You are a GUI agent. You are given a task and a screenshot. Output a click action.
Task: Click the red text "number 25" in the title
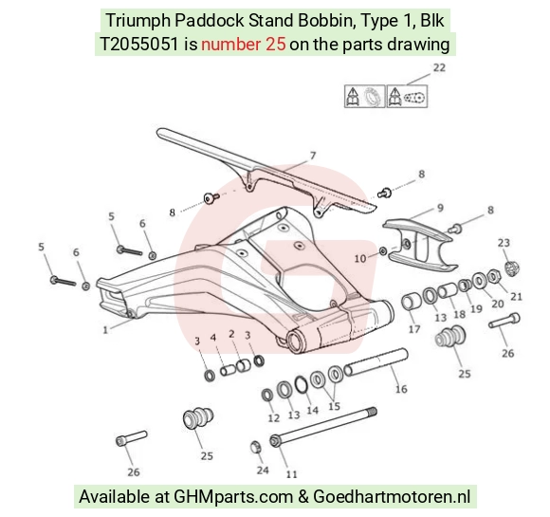tap(244, 45)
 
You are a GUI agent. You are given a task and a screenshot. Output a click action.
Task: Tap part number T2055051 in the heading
tap(139, 45)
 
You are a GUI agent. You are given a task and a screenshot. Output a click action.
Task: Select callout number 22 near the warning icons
tap(439, 67)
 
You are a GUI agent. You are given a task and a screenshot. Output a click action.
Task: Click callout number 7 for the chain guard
tap(313, 156)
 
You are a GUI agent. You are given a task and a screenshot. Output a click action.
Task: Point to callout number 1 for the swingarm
tap(105, 330)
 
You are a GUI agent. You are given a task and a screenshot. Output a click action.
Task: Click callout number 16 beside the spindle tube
tap(401, 389)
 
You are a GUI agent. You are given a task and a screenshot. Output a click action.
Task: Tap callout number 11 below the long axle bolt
tap(291, 474)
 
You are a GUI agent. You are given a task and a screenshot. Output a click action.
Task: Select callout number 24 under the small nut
tap(263, 470)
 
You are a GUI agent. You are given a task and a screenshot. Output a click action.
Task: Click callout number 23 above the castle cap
tap(504, 243)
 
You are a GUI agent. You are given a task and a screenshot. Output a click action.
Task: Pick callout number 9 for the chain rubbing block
tap(440, 208)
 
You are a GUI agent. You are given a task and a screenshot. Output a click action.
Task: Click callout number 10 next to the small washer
tap(360, 259)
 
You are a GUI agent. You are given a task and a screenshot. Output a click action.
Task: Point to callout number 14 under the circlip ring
tap(312, 410)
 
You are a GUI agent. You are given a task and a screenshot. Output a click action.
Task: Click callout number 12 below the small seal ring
tap(274, 417)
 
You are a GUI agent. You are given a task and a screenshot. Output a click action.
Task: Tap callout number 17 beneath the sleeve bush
tap(414, 329)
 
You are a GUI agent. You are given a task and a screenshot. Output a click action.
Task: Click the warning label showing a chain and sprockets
tap(407, 96)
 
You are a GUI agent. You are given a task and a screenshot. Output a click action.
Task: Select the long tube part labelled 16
tap(376, 361)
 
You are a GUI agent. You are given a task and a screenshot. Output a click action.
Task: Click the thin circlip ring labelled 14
tap(301, 385)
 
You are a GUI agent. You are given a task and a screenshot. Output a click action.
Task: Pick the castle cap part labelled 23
tap(512, 268)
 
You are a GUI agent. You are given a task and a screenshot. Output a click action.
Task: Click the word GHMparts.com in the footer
tap(233, 497)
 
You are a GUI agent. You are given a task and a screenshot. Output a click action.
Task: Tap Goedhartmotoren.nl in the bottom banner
tap(392, 497)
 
